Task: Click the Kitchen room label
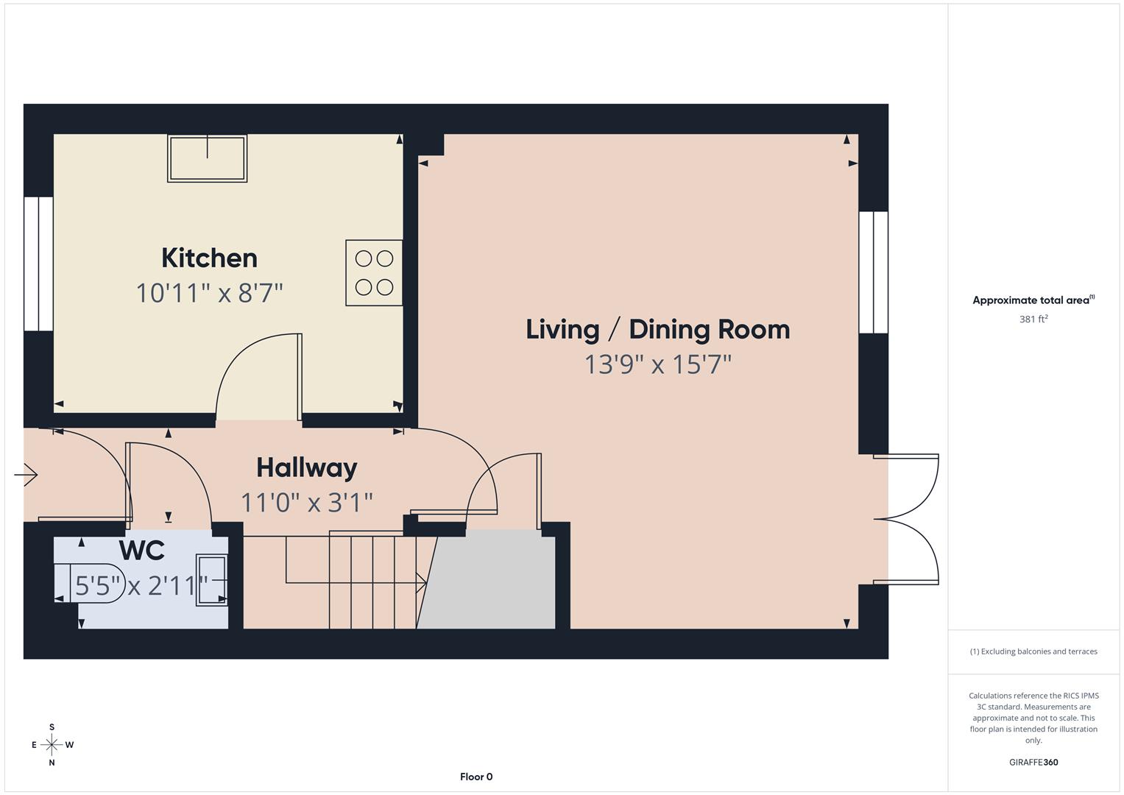[x=209, y=258]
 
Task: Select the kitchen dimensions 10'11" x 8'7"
[x=209, y=294]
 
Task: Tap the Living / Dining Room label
[x=657, y=329]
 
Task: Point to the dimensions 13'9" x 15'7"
[x=657, y=364]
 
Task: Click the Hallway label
[x=306, y=467]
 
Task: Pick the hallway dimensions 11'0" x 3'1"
[x=306, y=503]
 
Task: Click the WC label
[x=141, y=550]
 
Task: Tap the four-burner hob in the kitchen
[x=374, y=272]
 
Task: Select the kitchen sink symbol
[x=207, y=158]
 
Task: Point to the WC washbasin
[x=211, y=581]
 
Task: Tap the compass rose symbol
[x=52, y=745]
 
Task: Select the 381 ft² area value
[x=1033, y=319]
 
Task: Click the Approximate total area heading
[x=1033, y=300]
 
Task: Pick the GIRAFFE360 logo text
[x=1033, y=762]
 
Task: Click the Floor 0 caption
[x=476, y=777]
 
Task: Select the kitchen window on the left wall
[x=38, y=264]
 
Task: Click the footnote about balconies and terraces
[x=1033, y=651]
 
